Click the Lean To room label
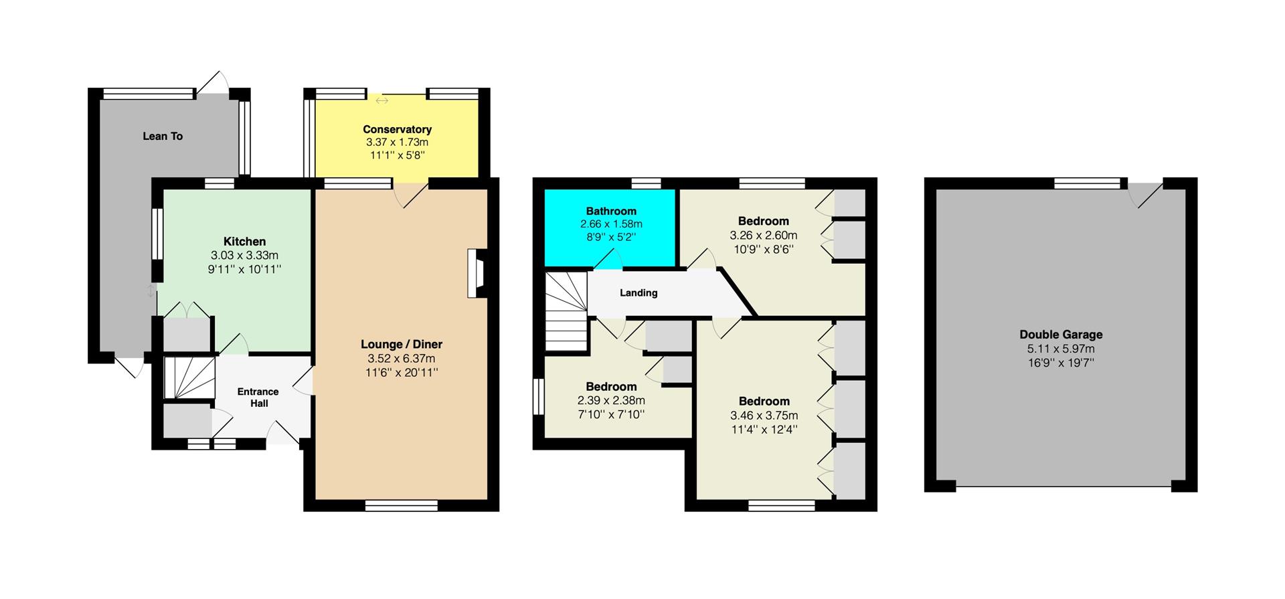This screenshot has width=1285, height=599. pos(163,136)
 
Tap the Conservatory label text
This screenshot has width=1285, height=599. pos(397,129)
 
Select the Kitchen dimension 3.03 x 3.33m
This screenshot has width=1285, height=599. pos(244,255)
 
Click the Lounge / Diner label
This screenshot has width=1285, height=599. pos(402,345)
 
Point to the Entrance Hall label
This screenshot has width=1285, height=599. pos(258,398)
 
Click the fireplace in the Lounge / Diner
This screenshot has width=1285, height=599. pos(477,273)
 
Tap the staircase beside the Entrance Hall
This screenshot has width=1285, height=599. pos(189,378)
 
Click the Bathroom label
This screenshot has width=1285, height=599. pos(611,211)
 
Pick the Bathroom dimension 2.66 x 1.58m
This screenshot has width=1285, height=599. pos(611,224)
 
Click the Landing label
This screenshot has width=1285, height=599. pos(638,292)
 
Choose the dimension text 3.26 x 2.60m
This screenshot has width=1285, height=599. pos(764,235)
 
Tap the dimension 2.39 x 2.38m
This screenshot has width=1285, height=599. pos(611,400)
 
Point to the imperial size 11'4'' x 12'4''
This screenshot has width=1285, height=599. pos(764,429)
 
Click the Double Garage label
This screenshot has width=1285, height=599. pos(1061,335)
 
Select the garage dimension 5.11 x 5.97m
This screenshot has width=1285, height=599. pos(1061,349)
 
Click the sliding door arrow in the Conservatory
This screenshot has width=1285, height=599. pos(381,101)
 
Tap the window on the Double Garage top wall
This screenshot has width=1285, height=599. pos(1087,183)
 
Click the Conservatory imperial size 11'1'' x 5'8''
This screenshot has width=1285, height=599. pos(397,155)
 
